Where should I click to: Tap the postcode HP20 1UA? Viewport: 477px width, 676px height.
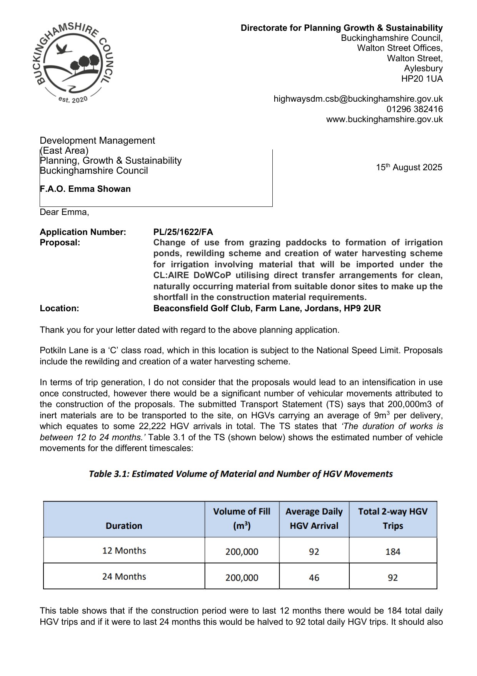coord(422,79)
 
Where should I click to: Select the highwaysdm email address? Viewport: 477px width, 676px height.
coord(358,99)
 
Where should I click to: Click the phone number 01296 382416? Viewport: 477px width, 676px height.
coord(414,109)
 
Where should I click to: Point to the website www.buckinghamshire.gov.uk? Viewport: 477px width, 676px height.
coord(384,119)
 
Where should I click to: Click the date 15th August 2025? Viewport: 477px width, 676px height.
coord(409,168)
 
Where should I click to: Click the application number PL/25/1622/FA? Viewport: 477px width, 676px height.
coord(183,232)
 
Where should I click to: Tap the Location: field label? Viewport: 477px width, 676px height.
coord(59,308)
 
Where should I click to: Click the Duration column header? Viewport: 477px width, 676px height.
coord(124,526)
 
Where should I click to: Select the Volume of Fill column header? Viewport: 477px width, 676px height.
coord(242,518)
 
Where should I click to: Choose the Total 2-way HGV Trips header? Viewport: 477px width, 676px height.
coord(393,518)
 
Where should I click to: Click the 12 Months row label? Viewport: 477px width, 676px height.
coord(124,550)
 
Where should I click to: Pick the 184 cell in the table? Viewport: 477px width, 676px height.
coord(393,552)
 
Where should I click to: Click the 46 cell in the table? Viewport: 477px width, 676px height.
coord(314,577)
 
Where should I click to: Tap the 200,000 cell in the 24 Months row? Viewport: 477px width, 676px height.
coord(242,577)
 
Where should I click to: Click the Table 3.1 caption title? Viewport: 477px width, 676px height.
coord(241,474)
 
